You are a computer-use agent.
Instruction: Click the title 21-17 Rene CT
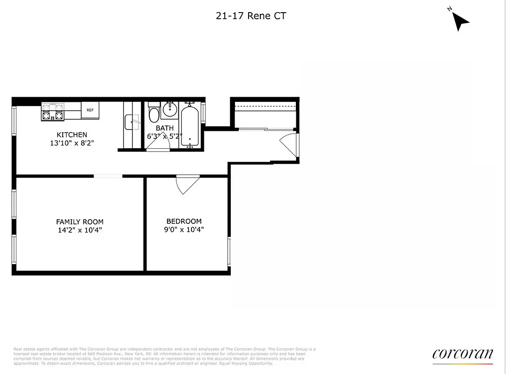(x=251, y=16)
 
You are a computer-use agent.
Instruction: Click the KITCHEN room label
(x=72, y=135)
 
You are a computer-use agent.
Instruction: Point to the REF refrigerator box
(x=90, y=110)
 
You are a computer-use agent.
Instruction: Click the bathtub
(x=190, y=125)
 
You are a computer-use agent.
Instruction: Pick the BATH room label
(x=165, y=128)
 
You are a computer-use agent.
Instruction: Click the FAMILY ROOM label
(x=80, y=222)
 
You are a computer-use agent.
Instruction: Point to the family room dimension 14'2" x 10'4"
(x=80, y=230)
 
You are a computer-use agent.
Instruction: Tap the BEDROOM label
(x=184, y=221)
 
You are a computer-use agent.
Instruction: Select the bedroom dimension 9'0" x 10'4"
(x=184, y=230)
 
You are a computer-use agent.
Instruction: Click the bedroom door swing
(x=187, y=185)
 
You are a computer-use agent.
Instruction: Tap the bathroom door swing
(x=157, y=145)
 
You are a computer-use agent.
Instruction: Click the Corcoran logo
(x=462, y=354)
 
